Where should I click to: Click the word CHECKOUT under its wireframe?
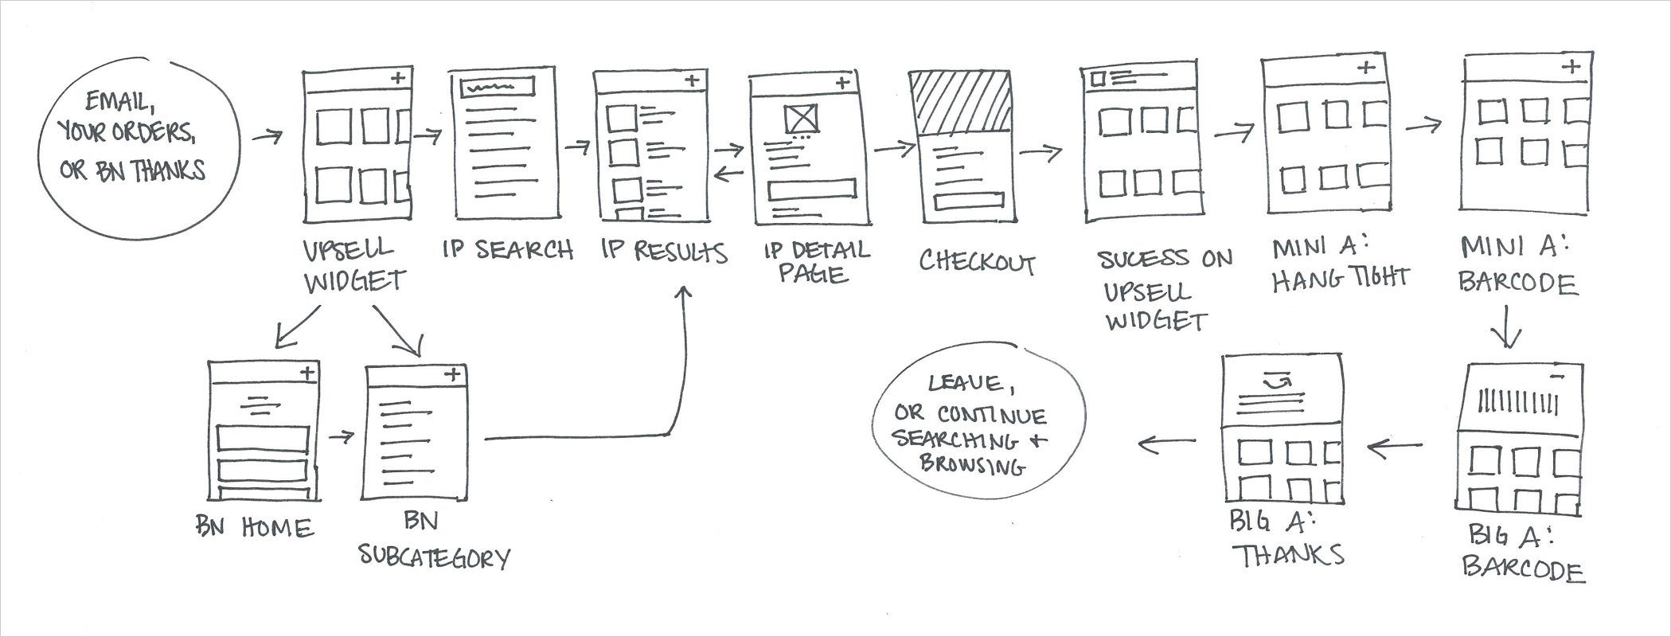click(x=977, y=262)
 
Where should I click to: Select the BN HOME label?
click(x=255, y=527)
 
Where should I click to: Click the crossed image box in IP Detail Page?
click(x=801, y=119)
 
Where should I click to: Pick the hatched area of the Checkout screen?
click(x=961, y=102)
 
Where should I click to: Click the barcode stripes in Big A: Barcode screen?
click(x=1517, y=402)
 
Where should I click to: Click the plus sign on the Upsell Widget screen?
click(x=398, y=78)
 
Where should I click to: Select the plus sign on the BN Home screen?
click(x=307, y=373)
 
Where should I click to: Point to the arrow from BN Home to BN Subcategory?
click(x=341, y=436)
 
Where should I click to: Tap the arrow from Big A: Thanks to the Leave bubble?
click(x=1166, y=442)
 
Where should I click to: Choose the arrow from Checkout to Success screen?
click(x=1040, y=151)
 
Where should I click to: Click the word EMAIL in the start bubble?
click(x=119, y=101)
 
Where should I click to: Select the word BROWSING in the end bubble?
click(x=971, y=464)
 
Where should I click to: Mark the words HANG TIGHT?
click(x=1340, y=278)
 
